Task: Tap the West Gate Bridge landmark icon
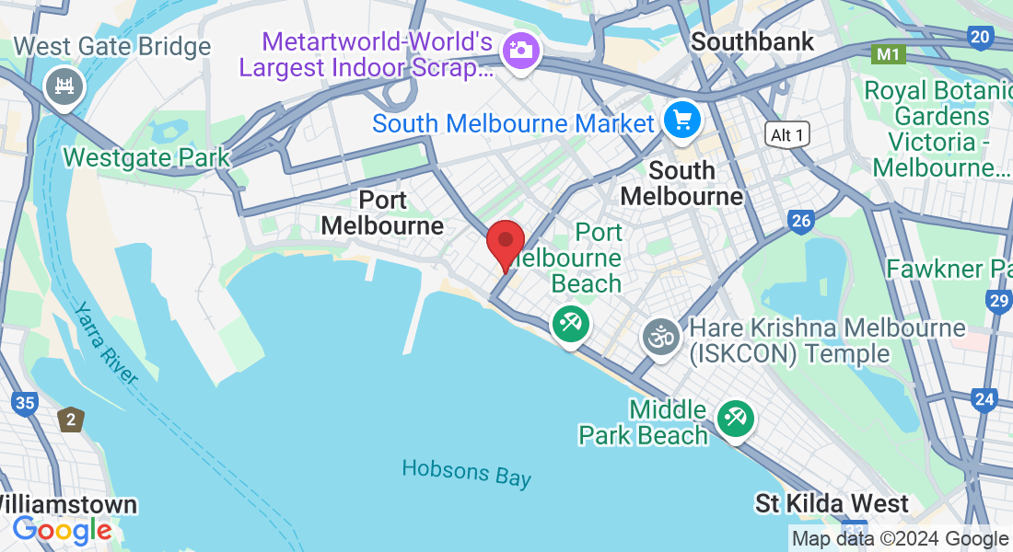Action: [x=64, y=88]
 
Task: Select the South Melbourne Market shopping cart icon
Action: [x=682, y=121]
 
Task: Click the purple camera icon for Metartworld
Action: [x=521, y=50]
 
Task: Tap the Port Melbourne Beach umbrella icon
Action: [x=571, y=325]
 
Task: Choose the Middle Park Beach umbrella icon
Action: [x=736, y=419]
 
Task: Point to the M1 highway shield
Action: [x=888, y=54]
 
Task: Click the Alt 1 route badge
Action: [x=787, y=135]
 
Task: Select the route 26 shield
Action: [x=801, y=221]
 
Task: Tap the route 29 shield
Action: [x=998, y=301]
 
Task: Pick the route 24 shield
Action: [x=985, y=399]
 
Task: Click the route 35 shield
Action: [x=25, y=403]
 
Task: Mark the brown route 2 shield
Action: [x=71, y=420]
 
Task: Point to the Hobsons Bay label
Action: [x=467, y=473]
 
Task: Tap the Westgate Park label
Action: [x=146, y=157]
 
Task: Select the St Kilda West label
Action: [x=832, y=503]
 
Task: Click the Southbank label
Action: [x=752, y=41]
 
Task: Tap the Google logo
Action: [x=62, y=530]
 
